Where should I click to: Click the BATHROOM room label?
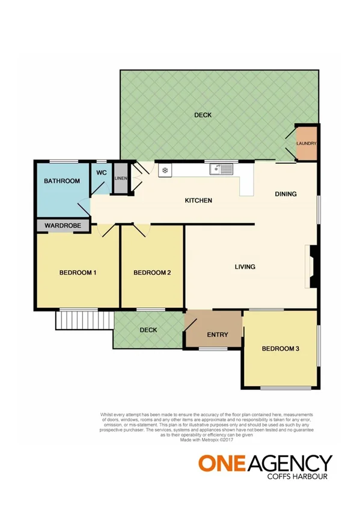coord(62,181)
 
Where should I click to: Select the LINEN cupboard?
coord(121,179)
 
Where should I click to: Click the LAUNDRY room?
coord(307,144)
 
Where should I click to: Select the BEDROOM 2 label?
coord(152,273)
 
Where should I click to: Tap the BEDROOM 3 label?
coord(280,348)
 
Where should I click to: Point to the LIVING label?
coord(245,266)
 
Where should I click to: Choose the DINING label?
coord(285,194)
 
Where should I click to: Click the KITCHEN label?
coord(198,200)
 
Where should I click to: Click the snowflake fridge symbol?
coord(163,170)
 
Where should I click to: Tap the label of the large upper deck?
coord(203,115)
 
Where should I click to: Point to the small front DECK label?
coord(148,330)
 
